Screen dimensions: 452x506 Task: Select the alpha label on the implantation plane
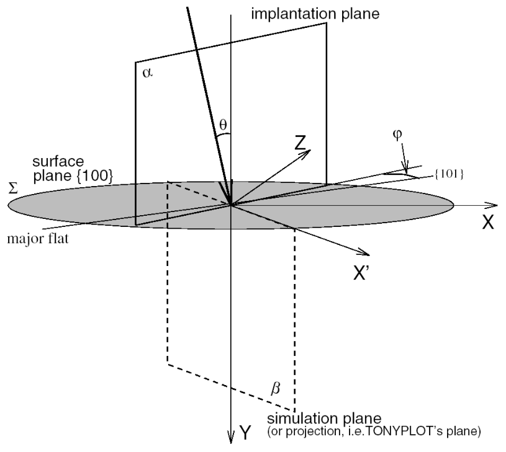pos(147,74)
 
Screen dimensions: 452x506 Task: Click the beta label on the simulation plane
pos(276,389)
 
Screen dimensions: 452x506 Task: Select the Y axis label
pos(246,434)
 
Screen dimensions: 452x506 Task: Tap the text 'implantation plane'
pos(298,12)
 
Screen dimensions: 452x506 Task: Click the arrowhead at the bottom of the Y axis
pos(231,436)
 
